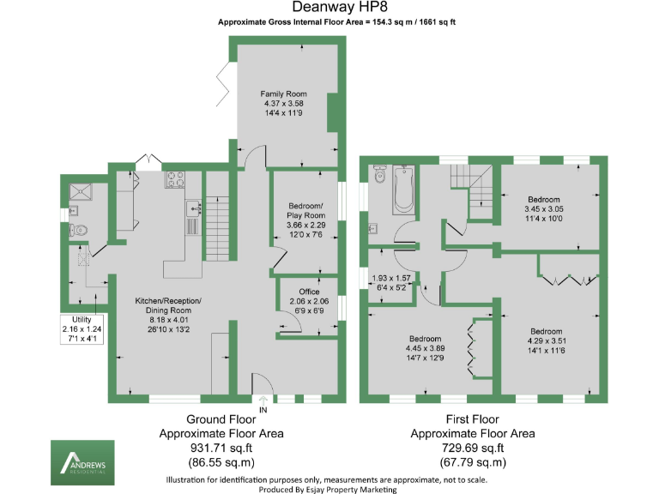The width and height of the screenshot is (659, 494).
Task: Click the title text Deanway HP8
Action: click(x=329, y=8)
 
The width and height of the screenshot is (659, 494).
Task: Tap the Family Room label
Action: click(x=284, y=94)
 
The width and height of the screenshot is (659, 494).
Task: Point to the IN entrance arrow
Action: click(x=263, y=399)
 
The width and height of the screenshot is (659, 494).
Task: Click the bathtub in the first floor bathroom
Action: click(x=403, y=190)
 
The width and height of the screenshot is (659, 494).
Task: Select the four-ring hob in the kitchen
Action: click(x=175, y=180)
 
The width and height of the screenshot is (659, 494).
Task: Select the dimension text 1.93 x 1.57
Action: click(x=390, y=279)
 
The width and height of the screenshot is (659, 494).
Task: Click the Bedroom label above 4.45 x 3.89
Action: click(x=425, y=338)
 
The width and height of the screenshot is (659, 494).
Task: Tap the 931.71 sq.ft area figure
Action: click(x=221, y=448)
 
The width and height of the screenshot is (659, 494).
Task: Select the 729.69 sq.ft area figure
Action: click(x=473, y=448)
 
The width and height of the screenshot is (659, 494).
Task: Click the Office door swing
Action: click(x=289, y=324)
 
